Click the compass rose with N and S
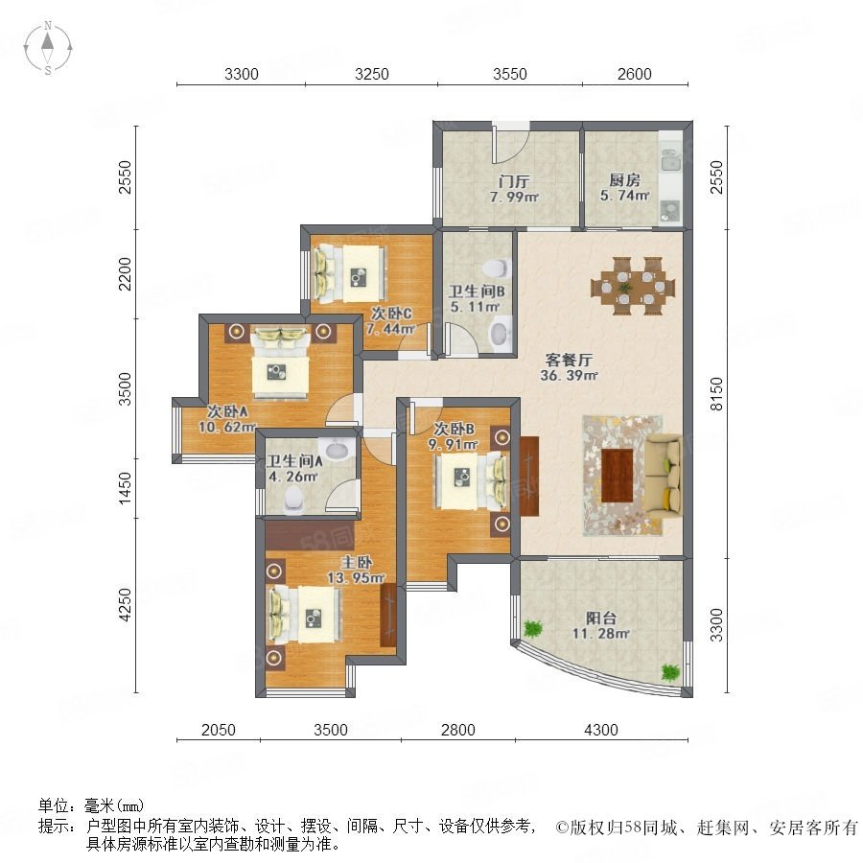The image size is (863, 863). coord(48,48)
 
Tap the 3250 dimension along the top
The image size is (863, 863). coord(371,74)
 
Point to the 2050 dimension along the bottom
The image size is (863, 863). coord(219,730)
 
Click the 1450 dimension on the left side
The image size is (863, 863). coord(126,487)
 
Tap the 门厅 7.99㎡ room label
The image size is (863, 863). coord(514,189)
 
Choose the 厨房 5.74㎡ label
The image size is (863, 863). coord(624,188)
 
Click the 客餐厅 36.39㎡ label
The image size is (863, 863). coord(569,367)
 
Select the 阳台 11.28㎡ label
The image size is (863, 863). coord(600,626)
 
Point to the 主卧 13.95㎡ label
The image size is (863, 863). coord(356,570)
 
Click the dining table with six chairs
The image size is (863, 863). coord(633,286)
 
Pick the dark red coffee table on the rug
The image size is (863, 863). coord(617,476)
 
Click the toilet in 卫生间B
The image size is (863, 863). coord(497,268)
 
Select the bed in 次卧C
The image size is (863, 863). coord(349,274)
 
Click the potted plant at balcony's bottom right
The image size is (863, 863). coord(670,672)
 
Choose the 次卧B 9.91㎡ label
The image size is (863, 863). coord(454,436)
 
